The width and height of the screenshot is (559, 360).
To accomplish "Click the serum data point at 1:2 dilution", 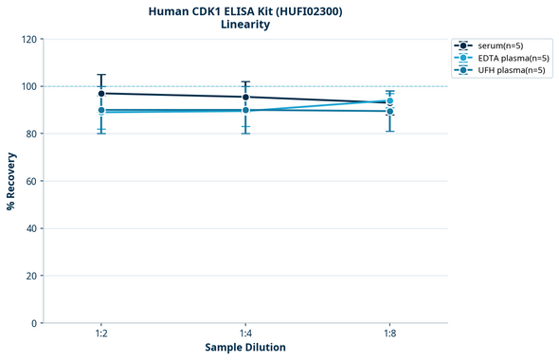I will [x=101, y=93].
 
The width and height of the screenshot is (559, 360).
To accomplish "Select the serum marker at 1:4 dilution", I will [x=245, y=97].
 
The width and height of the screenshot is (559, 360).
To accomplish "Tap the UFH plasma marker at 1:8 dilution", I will [x=389, y=111].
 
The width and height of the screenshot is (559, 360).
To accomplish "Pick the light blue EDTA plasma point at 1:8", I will [x=389, y=100].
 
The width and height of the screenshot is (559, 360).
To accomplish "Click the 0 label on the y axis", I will [x=36, y=323].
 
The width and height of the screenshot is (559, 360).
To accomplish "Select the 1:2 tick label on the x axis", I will [x=101, y=334].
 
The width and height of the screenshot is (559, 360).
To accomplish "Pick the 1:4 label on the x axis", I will [x=245, y=334].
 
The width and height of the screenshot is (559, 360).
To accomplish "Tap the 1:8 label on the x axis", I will [x=389, y=334].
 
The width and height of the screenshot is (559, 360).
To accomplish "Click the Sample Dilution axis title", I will [x=245, y=348].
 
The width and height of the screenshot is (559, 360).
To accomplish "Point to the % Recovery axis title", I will [x=11, y=181].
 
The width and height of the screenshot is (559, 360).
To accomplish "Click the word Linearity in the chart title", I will [x=244, y=25].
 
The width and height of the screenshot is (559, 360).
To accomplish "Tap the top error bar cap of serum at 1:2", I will [x=101, y=75].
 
